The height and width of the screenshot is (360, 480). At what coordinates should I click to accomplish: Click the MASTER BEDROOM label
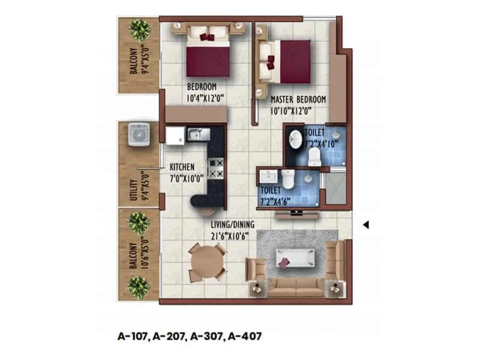[298, 99]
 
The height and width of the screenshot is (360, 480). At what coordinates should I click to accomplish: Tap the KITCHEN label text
[182, 167]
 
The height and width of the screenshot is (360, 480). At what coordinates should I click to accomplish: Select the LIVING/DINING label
[233, 224]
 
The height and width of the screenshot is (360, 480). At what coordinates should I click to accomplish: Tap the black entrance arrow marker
[366, 225]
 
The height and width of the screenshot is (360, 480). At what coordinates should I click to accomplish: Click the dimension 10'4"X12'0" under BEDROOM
[201, 96]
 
